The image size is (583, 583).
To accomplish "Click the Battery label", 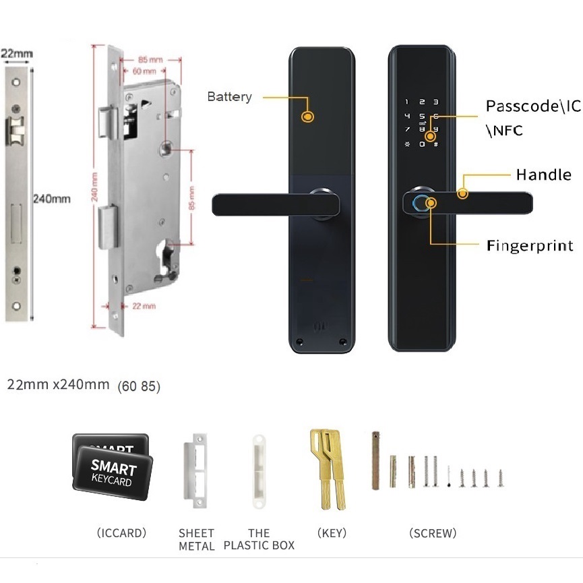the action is coord(229,96).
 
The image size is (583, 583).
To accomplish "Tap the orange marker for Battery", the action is coord(308,117).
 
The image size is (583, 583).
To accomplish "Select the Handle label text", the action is coord(543,175).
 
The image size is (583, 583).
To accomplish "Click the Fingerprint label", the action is coord(530,245).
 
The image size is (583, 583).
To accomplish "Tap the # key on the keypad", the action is coord(435,144).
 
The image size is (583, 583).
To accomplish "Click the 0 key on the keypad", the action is coord(422,144).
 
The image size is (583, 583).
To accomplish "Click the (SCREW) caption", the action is coord(433,533).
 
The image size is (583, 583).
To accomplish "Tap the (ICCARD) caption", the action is coord(121,533).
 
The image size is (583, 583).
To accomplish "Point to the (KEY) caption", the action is coord(332,533).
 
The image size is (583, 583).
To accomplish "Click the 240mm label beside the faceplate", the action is coord(51,199).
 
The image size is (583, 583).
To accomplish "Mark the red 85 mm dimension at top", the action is coord(150,59).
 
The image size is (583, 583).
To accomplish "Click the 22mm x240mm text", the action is coord(58,385).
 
